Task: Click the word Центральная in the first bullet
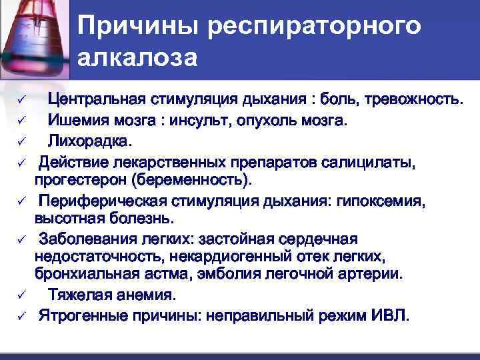pos(101,101)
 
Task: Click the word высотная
pos(66,219)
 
